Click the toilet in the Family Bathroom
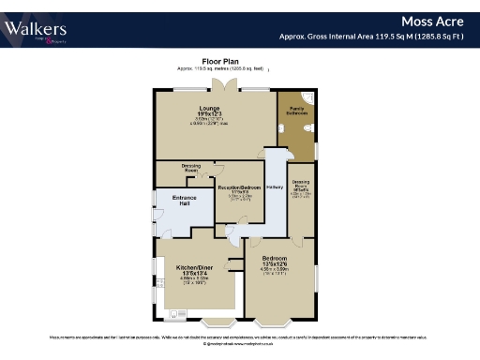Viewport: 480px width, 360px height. [282, 126]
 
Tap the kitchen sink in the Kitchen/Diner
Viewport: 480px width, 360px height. [174, 314]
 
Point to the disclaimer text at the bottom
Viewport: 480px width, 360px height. [240, 335]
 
